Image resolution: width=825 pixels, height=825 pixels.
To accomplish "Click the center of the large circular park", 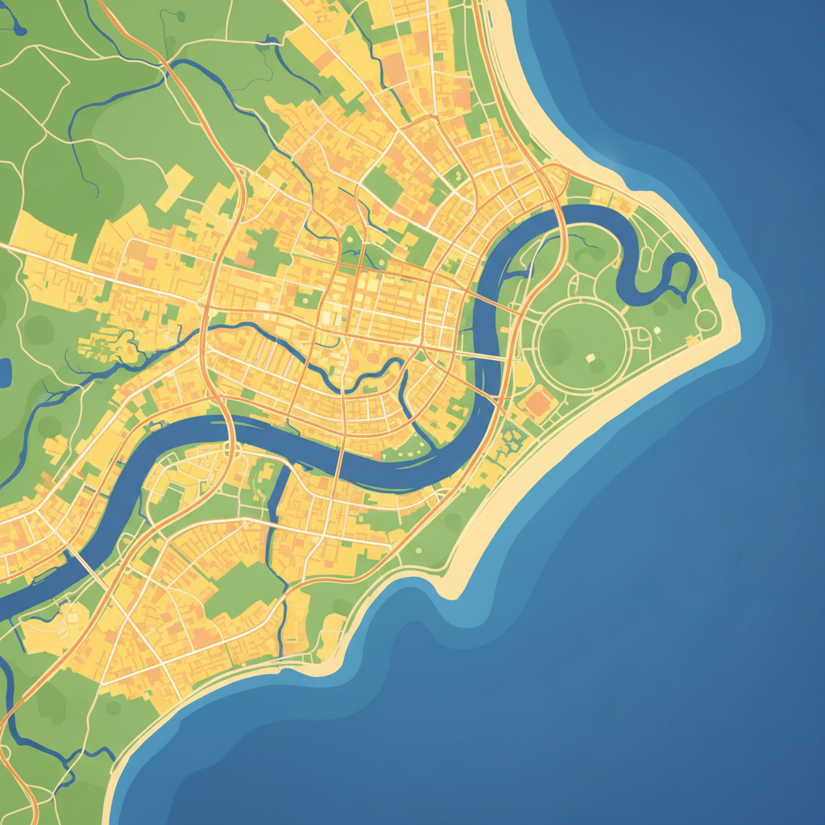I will pos(582,342).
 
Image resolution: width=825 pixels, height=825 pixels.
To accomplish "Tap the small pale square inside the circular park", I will pos(590,358).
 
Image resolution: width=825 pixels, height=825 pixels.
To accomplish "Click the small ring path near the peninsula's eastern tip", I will pos(706,320).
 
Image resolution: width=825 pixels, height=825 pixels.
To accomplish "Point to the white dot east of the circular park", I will pos(657,330).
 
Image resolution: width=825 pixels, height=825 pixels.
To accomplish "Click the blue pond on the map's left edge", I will pos(5,372).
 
